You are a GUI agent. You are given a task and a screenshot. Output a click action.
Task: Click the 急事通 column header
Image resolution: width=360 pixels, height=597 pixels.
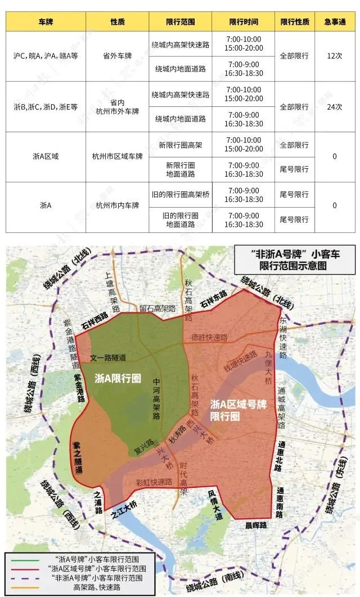click(x=335, y=21)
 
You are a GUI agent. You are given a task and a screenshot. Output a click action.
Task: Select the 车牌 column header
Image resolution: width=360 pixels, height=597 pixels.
click(x=46, y=21)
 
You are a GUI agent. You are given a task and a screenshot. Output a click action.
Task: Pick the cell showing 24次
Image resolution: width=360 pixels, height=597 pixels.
click(x=335, y=107)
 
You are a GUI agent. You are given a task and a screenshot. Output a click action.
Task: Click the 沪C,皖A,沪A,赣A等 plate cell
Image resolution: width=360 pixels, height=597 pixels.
click(x=46, y=56)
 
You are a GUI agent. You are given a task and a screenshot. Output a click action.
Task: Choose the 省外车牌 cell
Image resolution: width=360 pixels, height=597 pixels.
click(x=118, y=56)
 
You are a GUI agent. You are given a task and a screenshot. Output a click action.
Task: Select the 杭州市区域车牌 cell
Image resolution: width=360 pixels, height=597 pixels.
click(x=118, y=157)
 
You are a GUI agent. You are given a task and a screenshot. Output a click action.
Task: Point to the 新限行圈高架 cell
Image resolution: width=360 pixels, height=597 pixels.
click(x=180, y=145)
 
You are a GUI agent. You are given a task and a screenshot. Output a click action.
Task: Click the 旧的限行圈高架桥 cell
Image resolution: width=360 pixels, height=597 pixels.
click(x=180, y=195)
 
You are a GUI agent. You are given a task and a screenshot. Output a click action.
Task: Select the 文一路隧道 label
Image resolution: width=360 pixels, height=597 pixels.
click(x=109, y=358)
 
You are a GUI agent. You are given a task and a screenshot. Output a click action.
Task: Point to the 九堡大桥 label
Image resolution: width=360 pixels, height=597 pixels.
click(x=271, y=366)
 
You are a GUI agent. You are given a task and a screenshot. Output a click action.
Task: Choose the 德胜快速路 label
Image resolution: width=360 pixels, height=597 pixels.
click(x=209, y=338)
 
